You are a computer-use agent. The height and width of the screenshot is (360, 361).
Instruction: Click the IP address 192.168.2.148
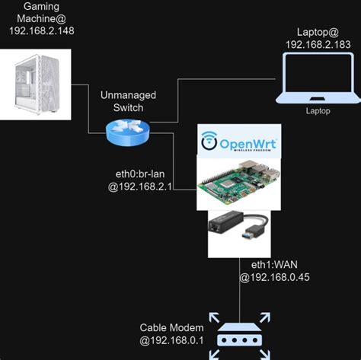tap(42, 30)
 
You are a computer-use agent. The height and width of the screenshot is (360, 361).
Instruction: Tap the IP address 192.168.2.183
tap(318, 45)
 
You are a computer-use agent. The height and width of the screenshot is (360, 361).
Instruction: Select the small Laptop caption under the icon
tap(318, 111)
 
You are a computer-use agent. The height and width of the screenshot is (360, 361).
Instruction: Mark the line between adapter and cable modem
tap(240, 289)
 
